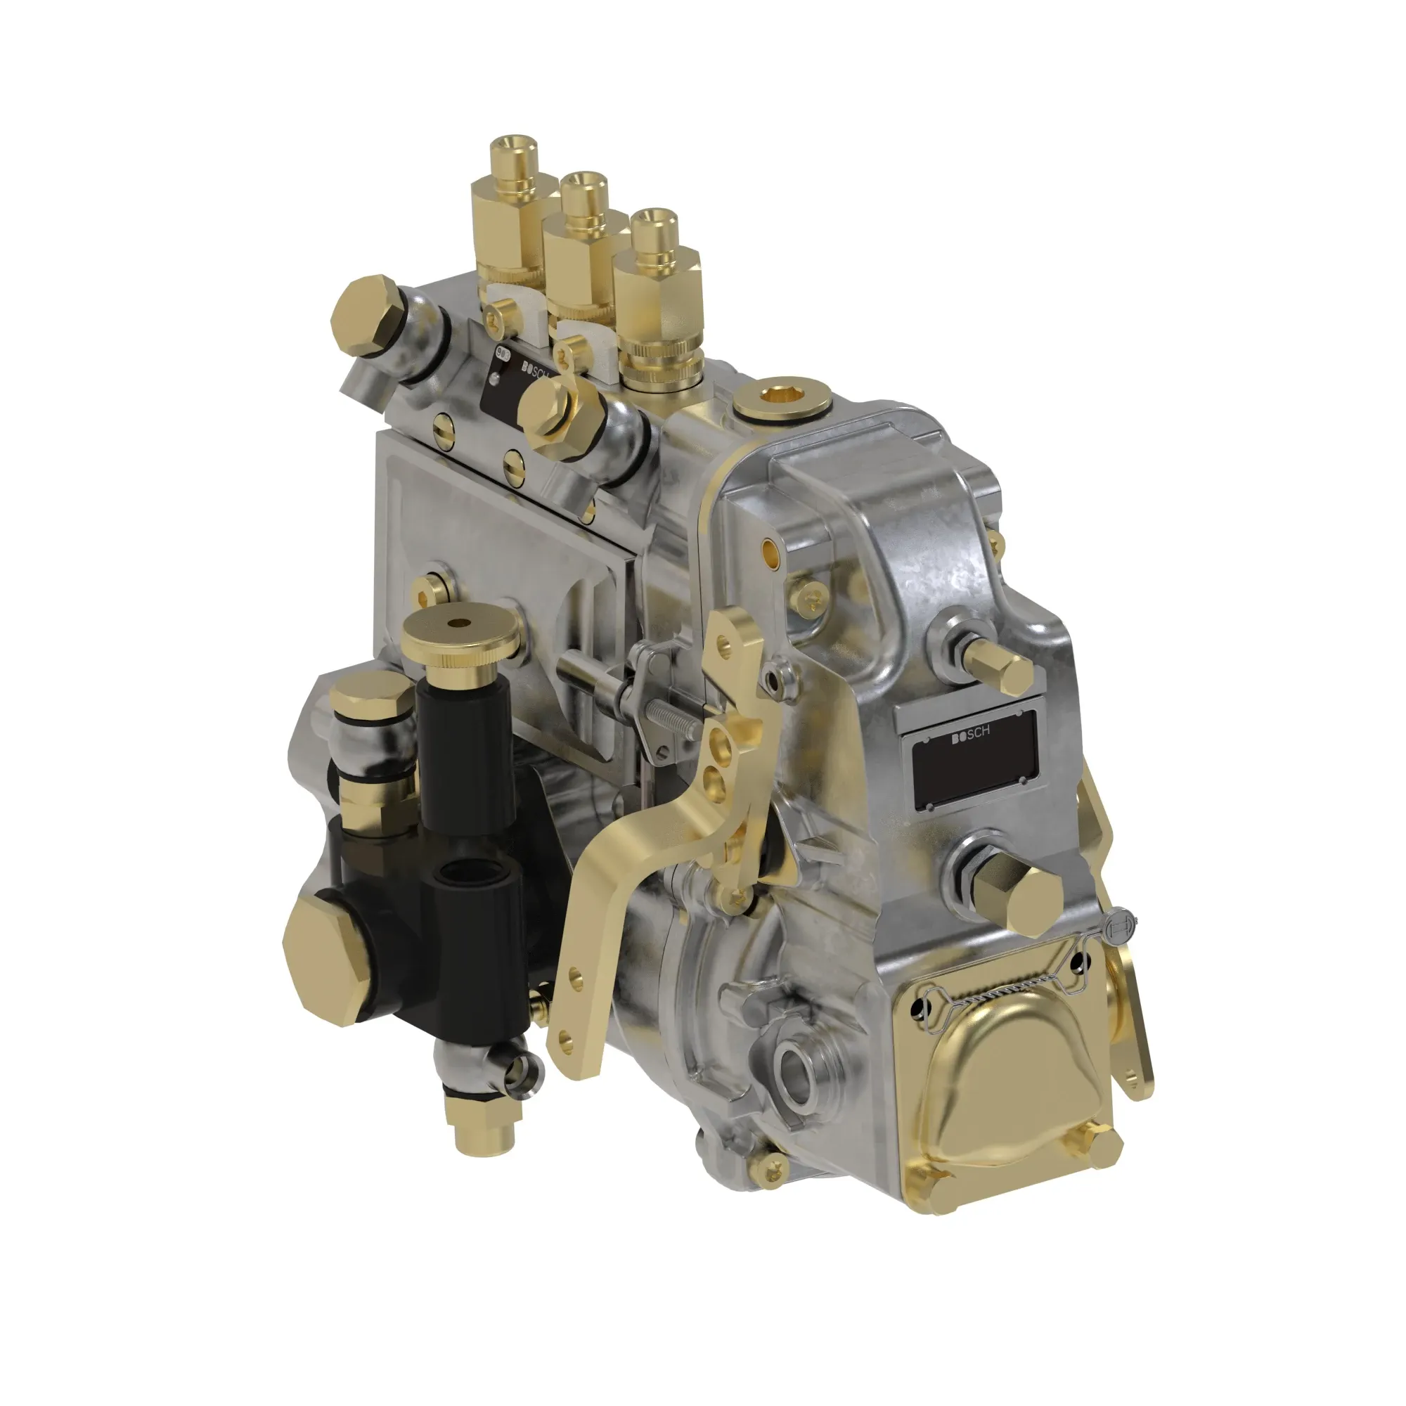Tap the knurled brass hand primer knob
460,637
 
